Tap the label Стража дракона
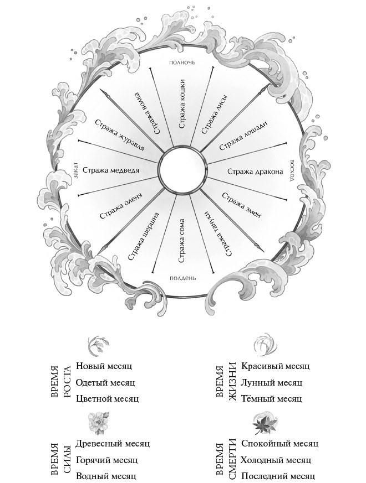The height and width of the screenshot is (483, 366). (256, 172)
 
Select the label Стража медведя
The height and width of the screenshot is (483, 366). (110, 171)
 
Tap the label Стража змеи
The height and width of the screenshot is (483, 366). (241, 204)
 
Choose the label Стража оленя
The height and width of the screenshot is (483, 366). (118, 207)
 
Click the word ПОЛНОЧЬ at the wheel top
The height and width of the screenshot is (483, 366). (182, 63)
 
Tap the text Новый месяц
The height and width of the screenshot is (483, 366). (105, 366)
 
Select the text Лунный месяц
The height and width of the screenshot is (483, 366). (272, 382)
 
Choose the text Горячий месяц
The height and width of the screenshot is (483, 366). (106, 460)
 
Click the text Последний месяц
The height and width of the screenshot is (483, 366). (278, 476)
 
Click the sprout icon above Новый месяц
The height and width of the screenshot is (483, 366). (98, 345)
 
